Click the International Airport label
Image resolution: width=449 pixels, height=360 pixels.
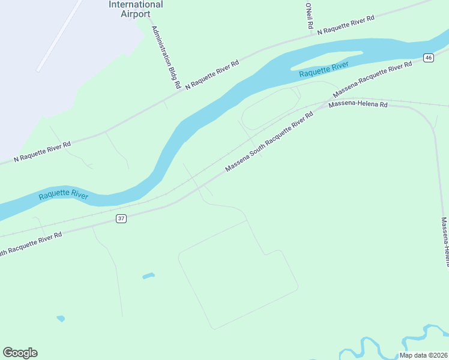136,8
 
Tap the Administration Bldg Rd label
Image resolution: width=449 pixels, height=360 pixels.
166,58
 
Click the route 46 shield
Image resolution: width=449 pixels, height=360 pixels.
428,58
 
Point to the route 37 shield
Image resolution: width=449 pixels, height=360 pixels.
121,219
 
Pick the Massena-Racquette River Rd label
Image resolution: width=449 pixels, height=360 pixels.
372,80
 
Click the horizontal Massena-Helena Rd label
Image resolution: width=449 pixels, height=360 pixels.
358,104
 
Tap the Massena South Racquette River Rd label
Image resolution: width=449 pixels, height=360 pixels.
270,142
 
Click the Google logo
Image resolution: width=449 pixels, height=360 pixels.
20,353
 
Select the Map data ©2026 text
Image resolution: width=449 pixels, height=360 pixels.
423,355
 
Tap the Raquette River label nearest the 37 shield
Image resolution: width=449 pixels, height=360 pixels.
64,196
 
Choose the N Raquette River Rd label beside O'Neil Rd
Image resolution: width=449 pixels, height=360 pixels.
346,25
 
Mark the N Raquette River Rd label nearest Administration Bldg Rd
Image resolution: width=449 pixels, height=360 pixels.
212,75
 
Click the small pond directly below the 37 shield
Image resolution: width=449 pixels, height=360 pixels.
148,276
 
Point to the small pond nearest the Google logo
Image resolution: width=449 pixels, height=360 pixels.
61,319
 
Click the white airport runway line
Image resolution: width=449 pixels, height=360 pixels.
58,36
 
